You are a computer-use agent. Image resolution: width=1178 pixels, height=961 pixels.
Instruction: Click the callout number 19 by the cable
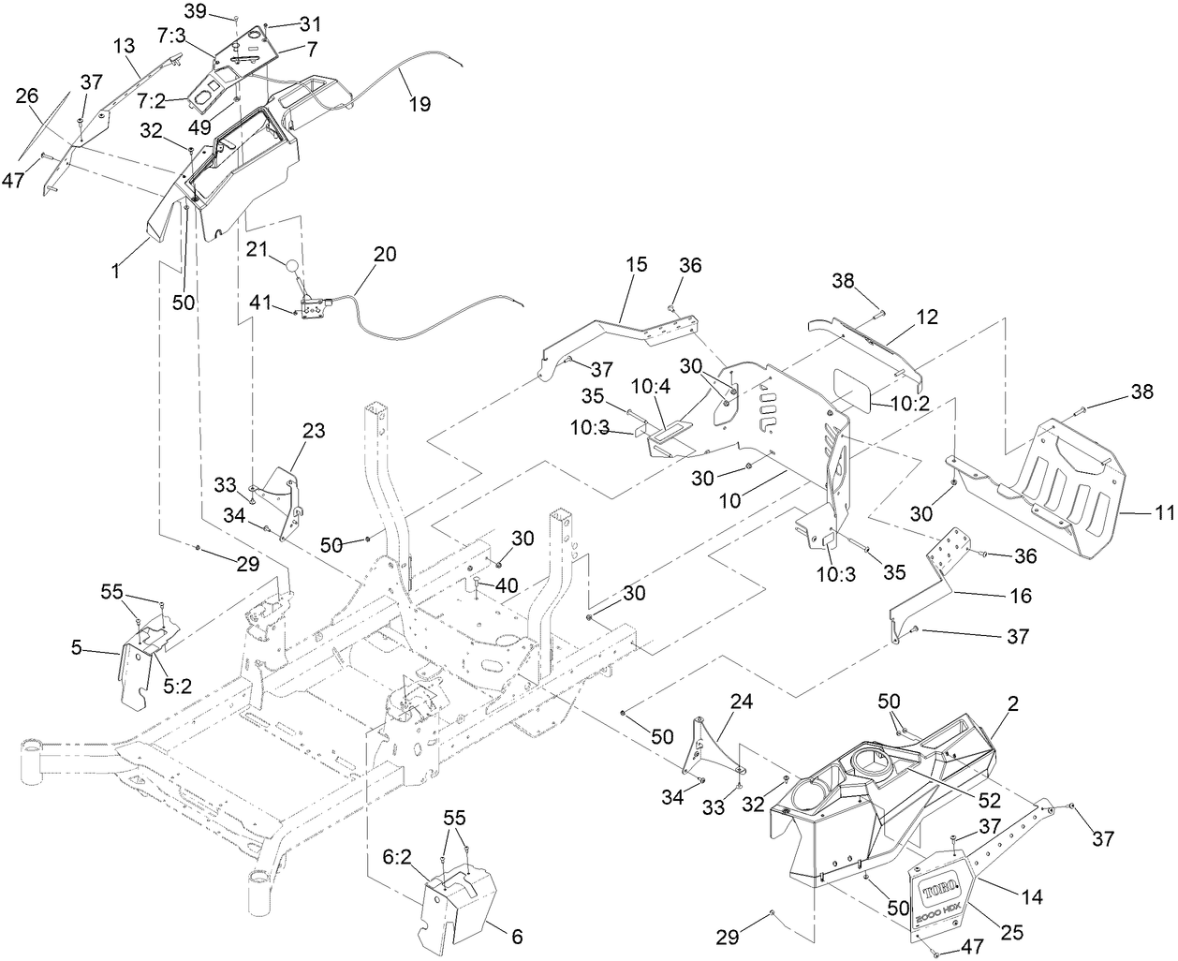[x=420, y=104]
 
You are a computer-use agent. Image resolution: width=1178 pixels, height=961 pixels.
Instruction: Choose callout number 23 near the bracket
[x=314, y=432]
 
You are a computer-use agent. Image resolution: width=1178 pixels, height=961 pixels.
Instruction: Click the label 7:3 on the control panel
[x=173, y=36]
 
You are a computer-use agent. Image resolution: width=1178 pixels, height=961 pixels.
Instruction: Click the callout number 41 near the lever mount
[x=260, y=303]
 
